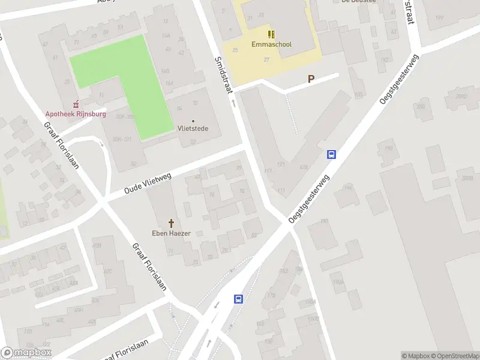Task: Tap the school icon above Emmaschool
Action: tap(271, 33)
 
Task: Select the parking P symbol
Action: tap(311, 79)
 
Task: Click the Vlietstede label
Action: tap(193, 128)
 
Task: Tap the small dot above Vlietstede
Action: tap(193, 121)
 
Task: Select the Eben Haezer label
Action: tap(171, 233)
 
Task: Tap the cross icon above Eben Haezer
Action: tap(171, 223)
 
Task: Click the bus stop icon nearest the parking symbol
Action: tap(331, 154)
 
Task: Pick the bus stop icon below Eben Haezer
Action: tap(238, 299)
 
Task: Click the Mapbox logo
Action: tap(26, 353)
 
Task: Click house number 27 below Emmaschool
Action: tap(266, 59)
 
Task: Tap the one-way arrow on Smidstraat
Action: tap(234, 103)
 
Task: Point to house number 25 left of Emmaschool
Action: tap(235, 49)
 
